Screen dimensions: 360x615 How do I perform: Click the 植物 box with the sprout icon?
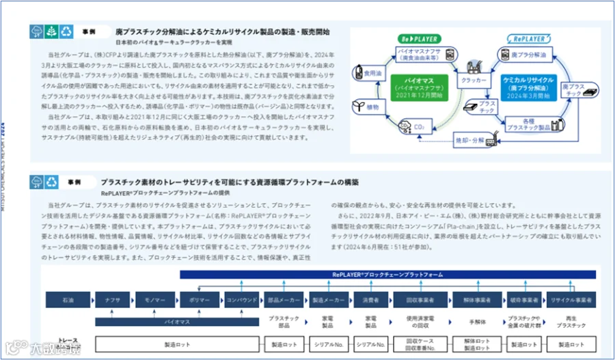click(365, 107)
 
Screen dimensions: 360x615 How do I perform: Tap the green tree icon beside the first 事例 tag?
click(51, 31)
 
